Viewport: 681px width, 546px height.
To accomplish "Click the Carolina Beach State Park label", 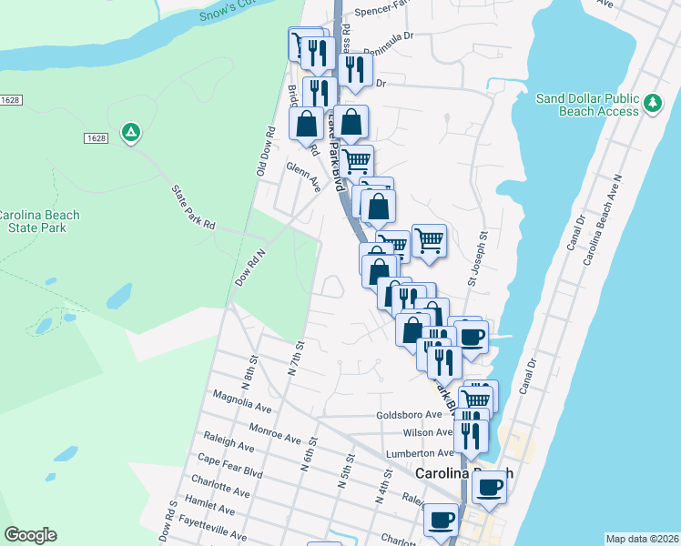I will pyautogui.click(x=38, y=221).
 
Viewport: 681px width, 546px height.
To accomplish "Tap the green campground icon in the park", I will pyautogui.click(x=131, y=133).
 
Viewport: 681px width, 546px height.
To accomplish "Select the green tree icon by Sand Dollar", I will pyautogui.click(x=652, y=104).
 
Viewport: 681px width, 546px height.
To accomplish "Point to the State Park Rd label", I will pyautogui.click(x=192, y=207).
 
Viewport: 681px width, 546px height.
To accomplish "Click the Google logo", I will pyautogui.click(x=30, y=535).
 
